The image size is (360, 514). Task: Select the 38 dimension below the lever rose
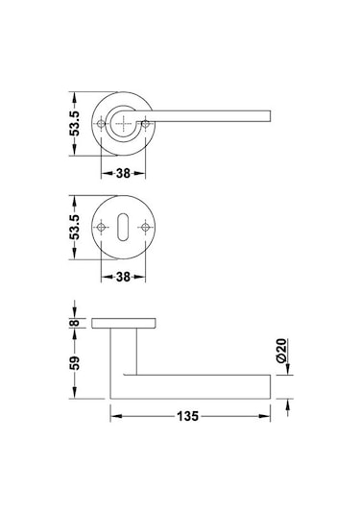point(123,176)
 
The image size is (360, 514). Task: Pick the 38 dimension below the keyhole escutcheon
point(123,277)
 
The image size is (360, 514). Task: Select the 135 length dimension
point(188,417)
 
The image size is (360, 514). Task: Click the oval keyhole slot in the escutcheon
point(124,227)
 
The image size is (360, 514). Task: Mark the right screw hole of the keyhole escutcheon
point(146,227)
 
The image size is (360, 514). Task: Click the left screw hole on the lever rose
point(101,122)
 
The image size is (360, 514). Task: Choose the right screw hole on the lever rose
point(146,122)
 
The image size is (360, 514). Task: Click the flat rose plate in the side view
point(124,323)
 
